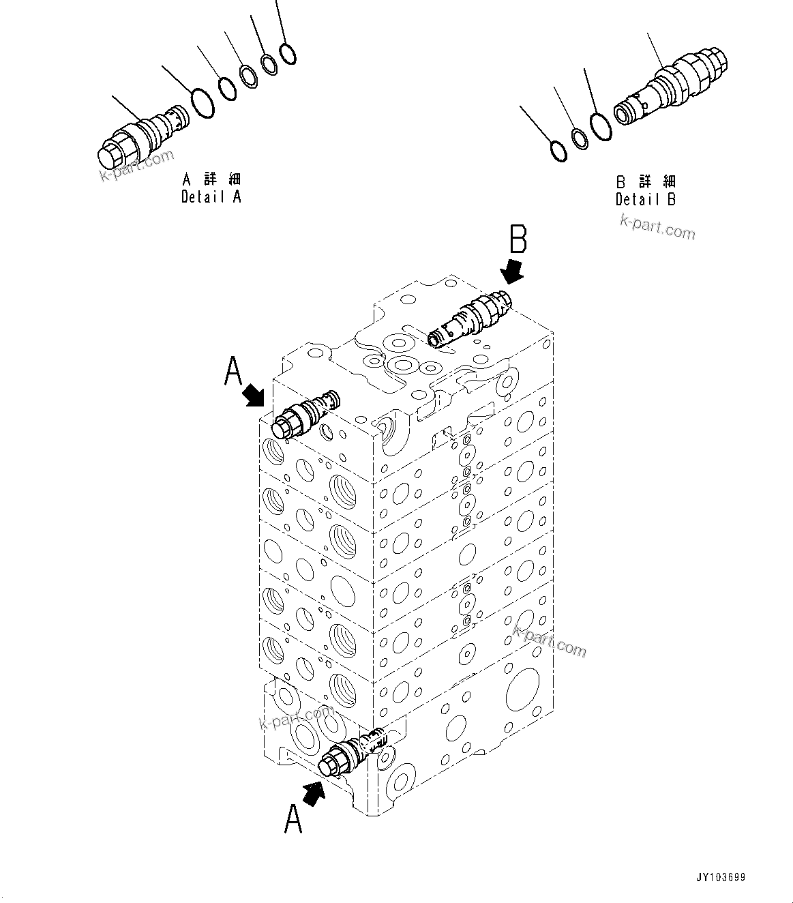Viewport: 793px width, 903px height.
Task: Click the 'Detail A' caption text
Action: pos(211,196)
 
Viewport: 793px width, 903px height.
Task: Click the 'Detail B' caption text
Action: pos(646,199)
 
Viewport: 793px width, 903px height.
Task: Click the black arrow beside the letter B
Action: pos(512,271)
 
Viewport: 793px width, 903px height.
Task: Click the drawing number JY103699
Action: pos(721,878)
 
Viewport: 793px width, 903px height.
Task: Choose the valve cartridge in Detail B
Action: pos(672,88)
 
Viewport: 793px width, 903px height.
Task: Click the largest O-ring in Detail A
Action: pos(202,102)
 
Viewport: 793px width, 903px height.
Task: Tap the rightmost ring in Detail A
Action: pos(288,54)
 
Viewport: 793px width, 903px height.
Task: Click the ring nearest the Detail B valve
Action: pos(601,128)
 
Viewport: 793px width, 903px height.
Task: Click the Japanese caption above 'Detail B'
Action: pos(646,182)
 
